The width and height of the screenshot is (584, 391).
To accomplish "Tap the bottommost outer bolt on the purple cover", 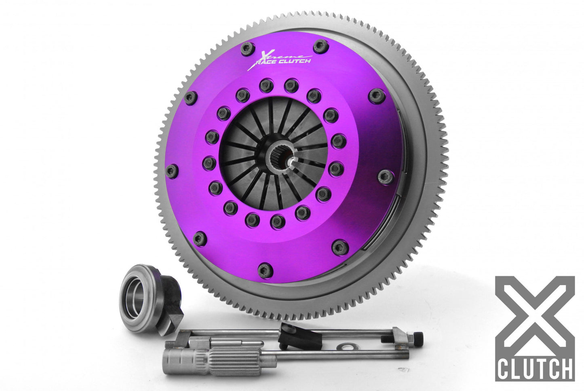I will pos(264,268).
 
